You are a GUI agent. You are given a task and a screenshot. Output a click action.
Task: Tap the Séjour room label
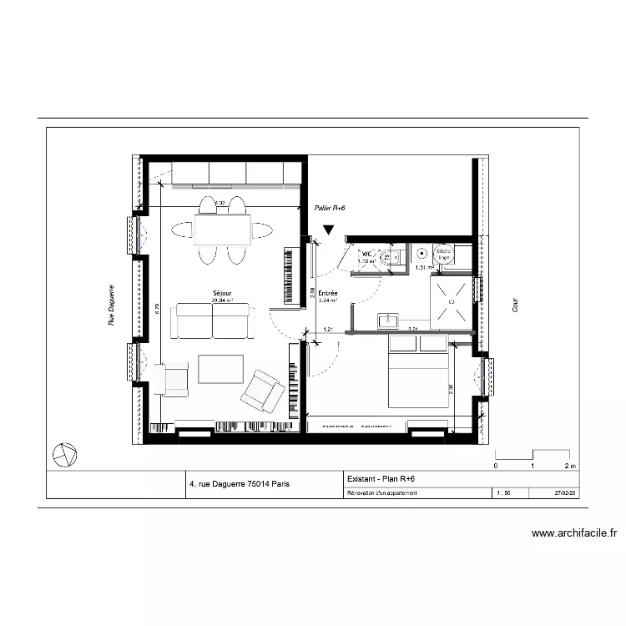pos(222,294)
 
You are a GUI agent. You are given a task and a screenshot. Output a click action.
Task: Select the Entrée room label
pos(327,294)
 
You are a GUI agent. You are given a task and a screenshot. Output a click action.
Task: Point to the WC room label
pos(366,254)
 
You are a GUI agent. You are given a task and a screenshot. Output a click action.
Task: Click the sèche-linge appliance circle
pos(442,254)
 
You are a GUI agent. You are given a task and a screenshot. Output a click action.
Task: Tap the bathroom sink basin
pos(388,321)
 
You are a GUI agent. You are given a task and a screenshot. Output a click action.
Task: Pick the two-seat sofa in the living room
pos(212,321)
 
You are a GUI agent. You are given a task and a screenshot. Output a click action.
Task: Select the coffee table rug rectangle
pos(220,369)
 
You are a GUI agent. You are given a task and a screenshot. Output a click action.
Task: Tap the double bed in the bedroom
pos(419,379)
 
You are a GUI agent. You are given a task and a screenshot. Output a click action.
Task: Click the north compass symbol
pos(64,455)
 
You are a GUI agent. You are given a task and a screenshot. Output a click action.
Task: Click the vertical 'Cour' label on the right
pos(516,307)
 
